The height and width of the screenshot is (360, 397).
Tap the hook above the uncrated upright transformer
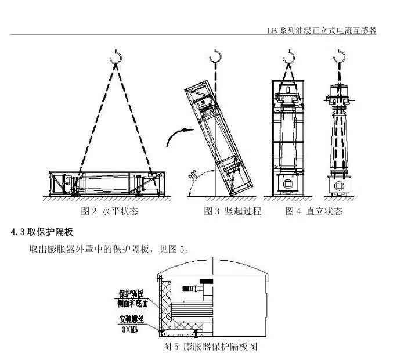(x=338, y=56)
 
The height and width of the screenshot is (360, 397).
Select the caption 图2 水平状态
(x=109, y=211)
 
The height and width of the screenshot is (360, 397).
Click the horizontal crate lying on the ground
(x=106, y=184)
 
